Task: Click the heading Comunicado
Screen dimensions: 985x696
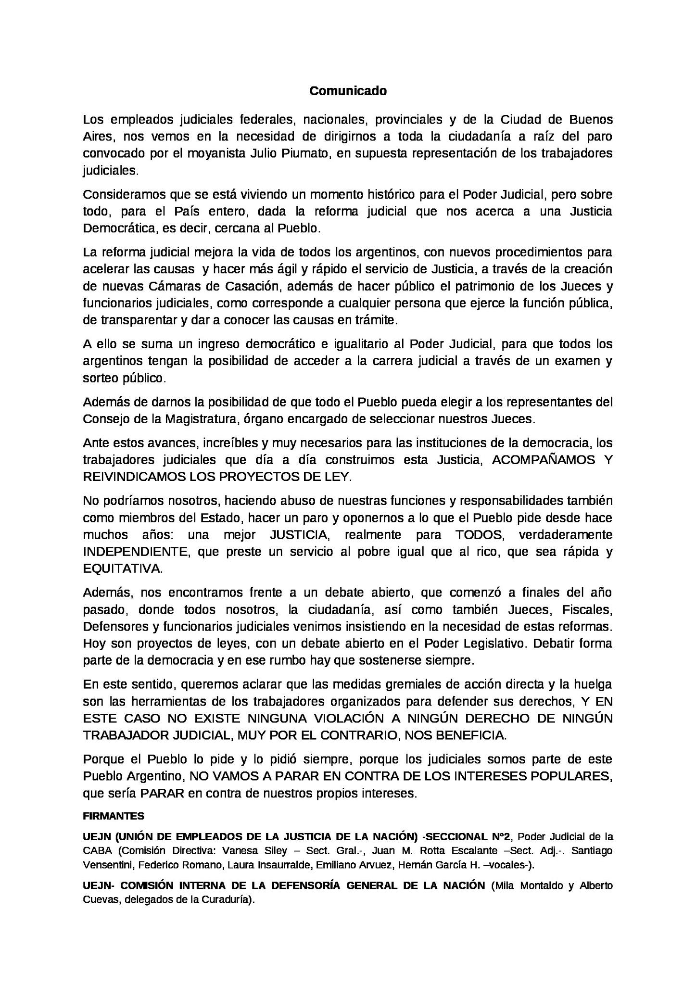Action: pyautogui.click(x=348, y=91)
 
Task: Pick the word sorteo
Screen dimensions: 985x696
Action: pyautogui.click(x=100, y=378)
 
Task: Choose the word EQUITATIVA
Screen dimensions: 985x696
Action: pyautogui.click(x=123, y=568)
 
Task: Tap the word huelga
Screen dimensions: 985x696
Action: pyautogui.click(x=594, y=684)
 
